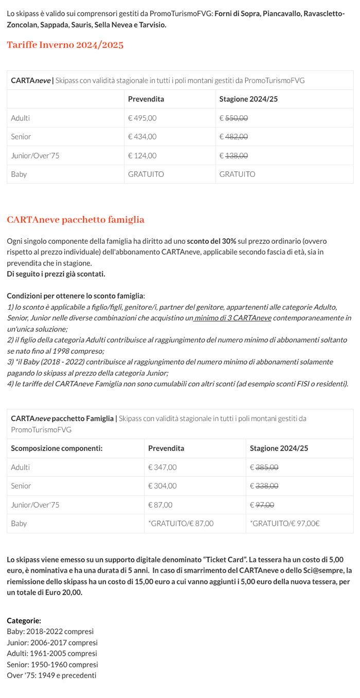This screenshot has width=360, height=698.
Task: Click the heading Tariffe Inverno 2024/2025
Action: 65,45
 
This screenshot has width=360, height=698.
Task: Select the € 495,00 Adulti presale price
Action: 142,118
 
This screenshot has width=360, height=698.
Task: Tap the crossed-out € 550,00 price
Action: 233,118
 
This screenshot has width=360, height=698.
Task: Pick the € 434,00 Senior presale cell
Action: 142,136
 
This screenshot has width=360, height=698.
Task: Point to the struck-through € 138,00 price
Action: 233,155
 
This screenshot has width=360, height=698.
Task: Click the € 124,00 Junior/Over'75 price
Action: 142,155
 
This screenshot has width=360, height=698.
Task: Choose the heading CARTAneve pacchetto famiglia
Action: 76,220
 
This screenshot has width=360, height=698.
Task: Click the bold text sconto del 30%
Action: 211,241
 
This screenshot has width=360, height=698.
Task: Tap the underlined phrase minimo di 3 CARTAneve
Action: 232,318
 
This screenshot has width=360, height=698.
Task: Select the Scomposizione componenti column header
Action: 57,448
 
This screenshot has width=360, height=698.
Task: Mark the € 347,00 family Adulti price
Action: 162,467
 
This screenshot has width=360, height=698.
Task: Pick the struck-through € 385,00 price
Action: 264,467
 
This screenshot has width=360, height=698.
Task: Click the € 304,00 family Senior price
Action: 162,486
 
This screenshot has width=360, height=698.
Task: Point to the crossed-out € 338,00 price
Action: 264,486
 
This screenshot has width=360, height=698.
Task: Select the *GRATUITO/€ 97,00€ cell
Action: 284,523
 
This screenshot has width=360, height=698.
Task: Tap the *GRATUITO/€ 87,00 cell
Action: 181,523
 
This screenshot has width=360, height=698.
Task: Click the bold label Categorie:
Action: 24,620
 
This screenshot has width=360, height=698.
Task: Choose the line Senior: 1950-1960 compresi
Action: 52,664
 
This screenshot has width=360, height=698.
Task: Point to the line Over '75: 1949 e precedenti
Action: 51,675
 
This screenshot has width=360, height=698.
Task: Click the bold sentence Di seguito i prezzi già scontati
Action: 56,273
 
